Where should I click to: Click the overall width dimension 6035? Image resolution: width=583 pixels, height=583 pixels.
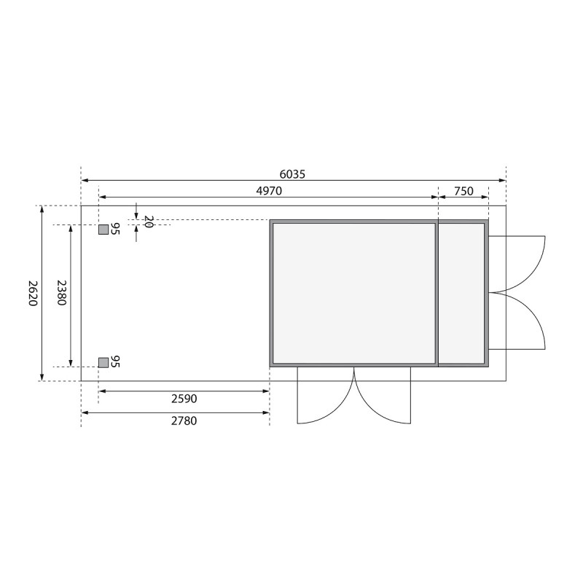[292, 174]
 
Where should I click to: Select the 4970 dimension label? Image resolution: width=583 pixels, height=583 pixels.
[269, 191]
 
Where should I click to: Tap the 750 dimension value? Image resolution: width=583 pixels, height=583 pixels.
[463, 191]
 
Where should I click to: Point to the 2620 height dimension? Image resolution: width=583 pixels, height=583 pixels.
[33, 293]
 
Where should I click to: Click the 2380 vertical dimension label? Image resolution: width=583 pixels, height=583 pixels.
[61, 293]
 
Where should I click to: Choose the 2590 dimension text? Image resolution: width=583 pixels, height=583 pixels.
[184, 399]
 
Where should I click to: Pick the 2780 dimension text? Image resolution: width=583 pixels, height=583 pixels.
[184, 420]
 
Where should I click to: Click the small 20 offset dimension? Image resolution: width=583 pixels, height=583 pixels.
[148, 222]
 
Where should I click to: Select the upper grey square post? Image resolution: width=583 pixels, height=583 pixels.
[103, 230]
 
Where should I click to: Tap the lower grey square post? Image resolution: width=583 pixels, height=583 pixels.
[103, 362]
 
